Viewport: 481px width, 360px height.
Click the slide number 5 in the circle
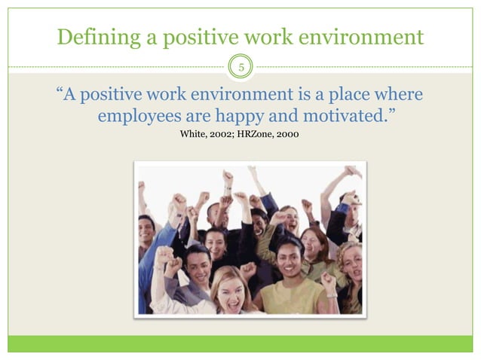point(241,69)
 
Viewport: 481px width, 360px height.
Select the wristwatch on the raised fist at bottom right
point(331,294)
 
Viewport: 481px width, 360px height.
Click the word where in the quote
point(397,96)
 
